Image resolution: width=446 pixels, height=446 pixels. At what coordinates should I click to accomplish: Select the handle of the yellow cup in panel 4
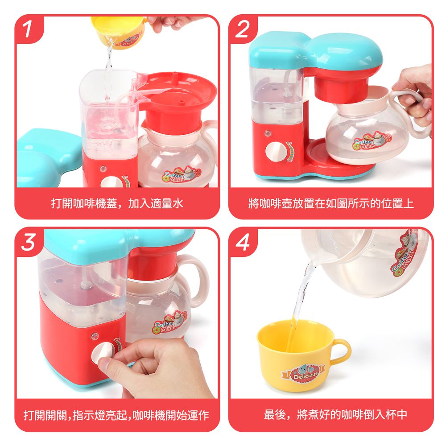pos(341,351)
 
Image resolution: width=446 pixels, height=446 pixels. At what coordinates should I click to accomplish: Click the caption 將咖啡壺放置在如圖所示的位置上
pos(330,204)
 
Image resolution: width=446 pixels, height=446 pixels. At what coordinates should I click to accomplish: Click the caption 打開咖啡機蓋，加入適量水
pos(117,204)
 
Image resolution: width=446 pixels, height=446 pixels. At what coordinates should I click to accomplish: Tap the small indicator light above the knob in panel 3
pos(94,334)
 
